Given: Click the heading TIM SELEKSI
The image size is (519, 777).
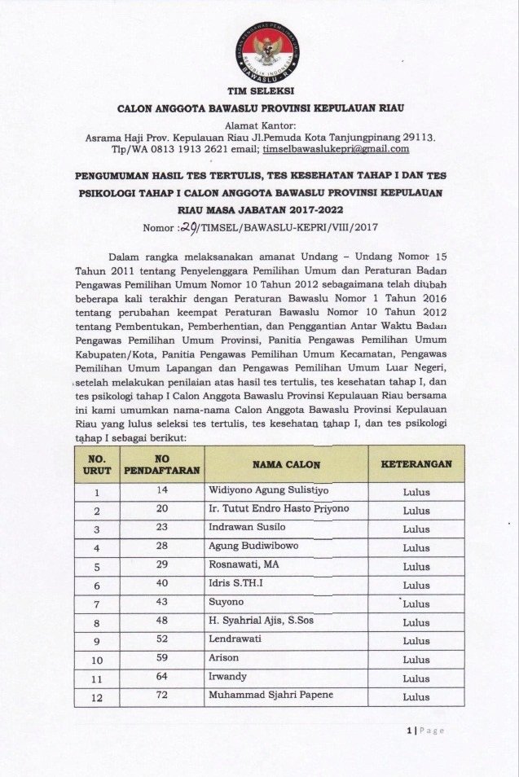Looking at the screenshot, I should click(x=260, y=90).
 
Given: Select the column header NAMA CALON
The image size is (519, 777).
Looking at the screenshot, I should click(x=286, y=464).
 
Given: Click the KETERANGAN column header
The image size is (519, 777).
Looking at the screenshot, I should click(x=416, y=464).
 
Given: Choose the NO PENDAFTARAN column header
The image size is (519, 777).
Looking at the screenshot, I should click(x=162, y=464).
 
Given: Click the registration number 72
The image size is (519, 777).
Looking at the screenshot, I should click(x=163, y=695).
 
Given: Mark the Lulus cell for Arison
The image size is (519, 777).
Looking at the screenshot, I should click(x=416, y=660).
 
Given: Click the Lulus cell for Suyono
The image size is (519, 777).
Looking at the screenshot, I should click(x=416, y=604).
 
